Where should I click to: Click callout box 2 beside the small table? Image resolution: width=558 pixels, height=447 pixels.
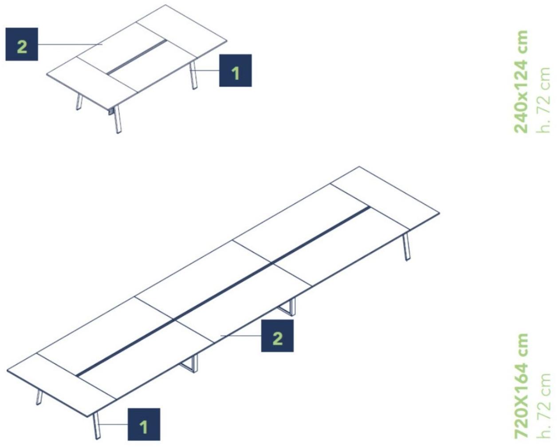[22, 44]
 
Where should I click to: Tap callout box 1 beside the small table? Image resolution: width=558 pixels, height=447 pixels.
[236, 70]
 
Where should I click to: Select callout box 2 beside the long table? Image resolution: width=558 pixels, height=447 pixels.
[277, 336]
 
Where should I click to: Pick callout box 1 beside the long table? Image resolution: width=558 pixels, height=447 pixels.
[144, 424]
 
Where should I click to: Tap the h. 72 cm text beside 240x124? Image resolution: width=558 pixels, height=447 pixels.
[543, 100]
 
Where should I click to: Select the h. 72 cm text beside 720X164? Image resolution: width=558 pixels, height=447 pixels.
[543, 407]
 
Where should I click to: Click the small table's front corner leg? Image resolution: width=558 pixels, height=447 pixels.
[118, 119]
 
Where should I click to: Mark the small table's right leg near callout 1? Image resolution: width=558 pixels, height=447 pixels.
[193, 75]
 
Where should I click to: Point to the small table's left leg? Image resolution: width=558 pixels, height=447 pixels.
[79, 102]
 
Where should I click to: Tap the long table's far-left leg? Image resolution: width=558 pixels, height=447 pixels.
[39, 397]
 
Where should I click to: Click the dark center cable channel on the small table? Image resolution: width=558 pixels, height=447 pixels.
[137, 56]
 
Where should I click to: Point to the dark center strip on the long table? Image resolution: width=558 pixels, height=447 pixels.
[224, 291]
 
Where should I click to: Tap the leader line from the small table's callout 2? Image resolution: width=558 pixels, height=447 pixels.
[70, 44]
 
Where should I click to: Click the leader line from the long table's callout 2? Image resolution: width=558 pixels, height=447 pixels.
[241, 336]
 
